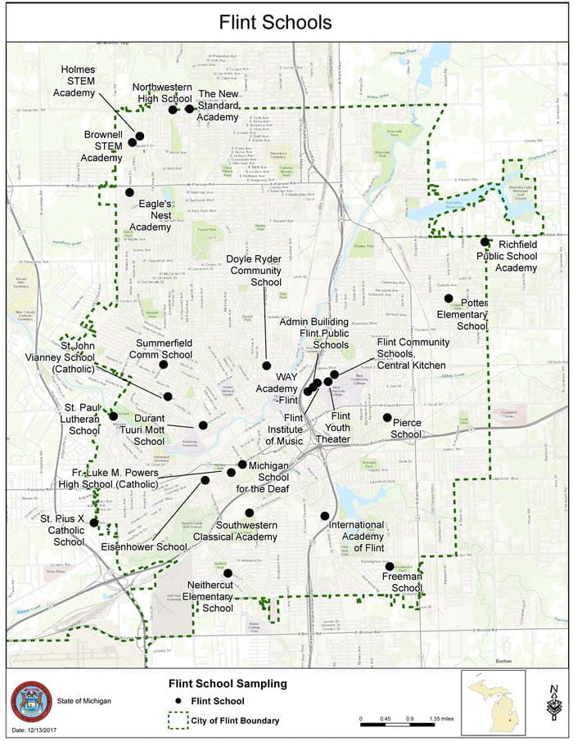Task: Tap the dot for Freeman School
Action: coord(390,566)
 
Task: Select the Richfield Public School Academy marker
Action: coord(485,241)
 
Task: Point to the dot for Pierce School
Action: coord(387,417)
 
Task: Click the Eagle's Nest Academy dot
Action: coord(129,192)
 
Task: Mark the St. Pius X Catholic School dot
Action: coord(94,522)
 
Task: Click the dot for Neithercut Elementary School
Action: coord(228,573)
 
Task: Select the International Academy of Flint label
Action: coord(357,536)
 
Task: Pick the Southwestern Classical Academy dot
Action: coord(249,513)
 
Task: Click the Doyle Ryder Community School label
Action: coord(255,271)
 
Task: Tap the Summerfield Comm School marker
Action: coord(163,364)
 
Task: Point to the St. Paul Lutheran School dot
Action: coord(113,416)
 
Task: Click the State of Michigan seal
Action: coord(31,701)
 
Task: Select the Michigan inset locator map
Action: coord(494,703)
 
